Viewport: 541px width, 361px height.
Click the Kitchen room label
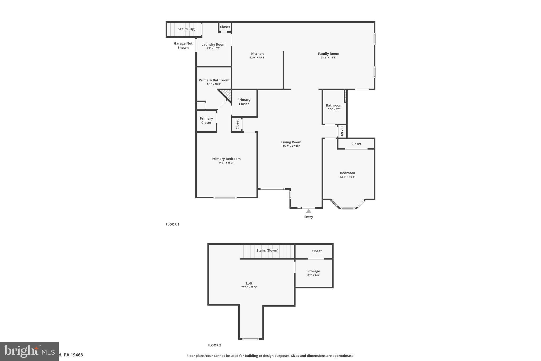click(257, 54)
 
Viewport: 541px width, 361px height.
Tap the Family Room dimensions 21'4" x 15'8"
click(328, 58)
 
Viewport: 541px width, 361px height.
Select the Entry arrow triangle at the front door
click(309, 211)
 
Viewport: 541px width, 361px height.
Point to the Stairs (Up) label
click(186, 29)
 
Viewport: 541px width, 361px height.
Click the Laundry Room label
click(213, 44)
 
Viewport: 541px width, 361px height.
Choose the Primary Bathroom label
click(214, 80)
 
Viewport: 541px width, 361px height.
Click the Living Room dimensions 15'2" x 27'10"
click(291, 146)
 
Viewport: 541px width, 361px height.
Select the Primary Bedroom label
click(226, 159)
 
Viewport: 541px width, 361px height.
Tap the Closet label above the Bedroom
click(356, 144)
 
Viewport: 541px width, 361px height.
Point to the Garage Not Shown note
click(183, 45)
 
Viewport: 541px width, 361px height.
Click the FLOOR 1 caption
click(172, 224)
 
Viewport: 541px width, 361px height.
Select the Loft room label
click(249, 283)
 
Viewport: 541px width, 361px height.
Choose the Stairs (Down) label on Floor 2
click(267, 250)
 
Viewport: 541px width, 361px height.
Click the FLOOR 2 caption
click(214, 345)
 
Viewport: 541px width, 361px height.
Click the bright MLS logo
click(29, 351)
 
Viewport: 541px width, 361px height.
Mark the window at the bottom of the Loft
click(250, 339)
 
